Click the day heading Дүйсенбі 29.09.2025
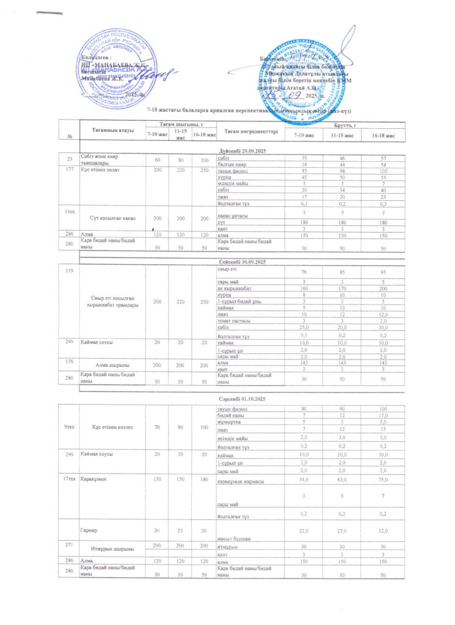tap(243, 151)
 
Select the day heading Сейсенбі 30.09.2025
tap(243, 261)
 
